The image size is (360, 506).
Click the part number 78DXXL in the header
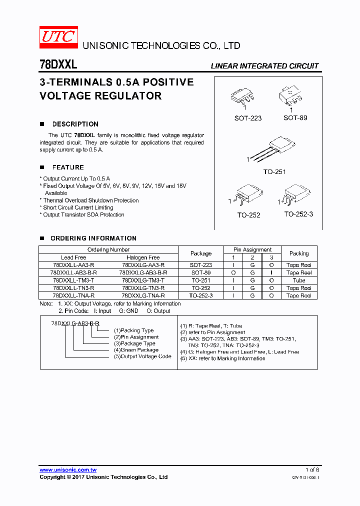58,64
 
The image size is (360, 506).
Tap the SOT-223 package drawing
244,97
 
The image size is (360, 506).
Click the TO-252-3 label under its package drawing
299,214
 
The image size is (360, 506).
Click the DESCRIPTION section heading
75,124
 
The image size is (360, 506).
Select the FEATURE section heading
68,167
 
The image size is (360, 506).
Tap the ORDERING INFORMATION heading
93,238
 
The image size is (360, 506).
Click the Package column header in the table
201,253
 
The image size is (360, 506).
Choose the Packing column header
299,253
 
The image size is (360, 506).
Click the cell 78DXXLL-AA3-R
73,265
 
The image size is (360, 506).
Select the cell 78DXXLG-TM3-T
143,280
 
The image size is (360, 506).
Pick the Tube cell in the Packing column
299,280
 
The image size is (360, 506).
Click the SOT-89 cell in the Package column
201,273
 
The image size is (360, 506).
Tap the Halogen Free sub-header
143,257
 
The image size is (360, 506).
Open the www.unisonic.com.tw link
68,470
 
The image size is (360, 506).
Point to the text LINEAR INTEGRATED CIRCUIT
264,66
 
